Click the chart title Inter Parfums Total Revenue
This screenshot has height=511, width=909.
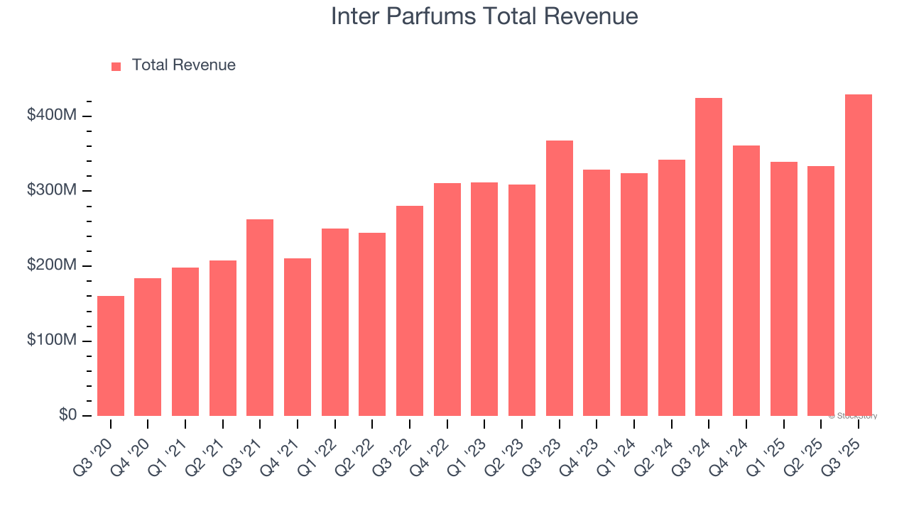pyautogui.click(x=484, y=16)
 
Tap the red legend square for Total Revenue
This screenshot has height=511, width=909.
pyautogui.click(x=116, y=66)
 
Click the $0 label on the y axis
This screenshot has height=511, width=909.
pyautogui.click(x=67, y=415)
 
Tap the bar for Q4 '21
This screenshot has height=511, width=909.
pyautogui.click(x=298, y=337)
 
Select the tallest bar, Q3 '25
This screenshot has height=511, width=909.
pyautogui.click(x=859, y=255)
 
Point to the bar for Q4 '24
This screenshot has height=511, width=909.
pyautogui.click(x=746, y=281)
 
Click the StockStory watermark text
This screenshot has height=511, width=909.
pyautogui.click(x=853, y=416)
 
